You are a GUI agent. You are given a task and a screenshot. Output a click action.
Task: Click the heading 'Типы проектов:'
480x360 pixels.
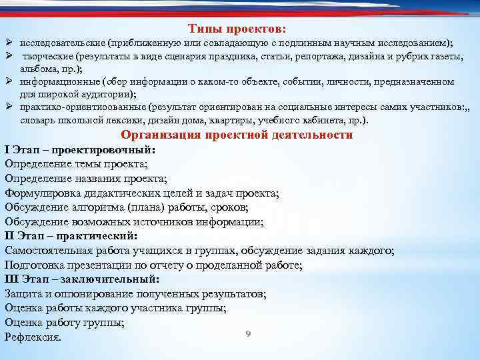pyautogui.click(x=237, y=29)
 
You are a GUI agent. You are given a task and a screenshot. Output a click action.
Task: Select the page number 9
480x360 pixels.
pyautogui.click(x=248, y=333)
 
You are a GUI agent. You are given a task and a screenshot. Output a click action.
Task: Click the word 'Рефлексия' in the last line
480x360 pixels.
pyautogui.click(x=32, y=337)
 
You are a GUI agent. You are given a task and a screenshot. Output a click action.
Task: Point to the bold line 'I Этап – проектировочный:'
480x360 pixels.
pyautogui.click(x=79, y=150)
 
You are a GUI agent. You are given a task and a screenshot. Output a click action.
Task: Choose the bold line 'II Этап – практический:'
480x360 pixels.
pyautogui.click(x=71, y=236)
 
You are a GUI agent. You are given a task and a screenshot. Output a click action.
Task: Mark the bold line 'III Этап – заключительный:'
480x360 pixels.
pyautogui.click(x=82, y=279)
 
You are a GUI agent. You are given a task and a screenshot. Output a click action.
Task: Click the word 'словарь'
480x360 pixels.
pyautogui.click(x=37, y=120)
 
